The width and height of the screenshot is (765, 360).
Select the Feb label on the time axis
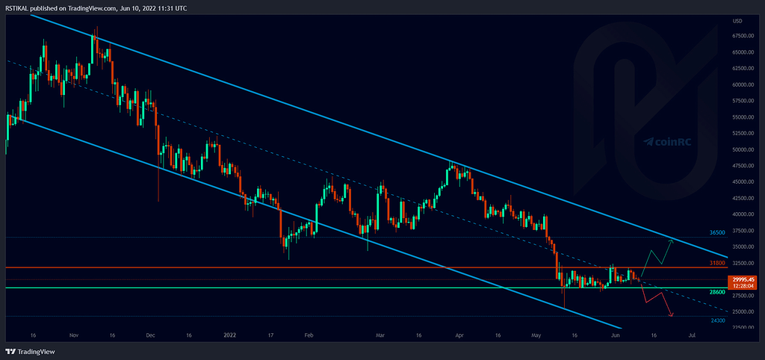308,336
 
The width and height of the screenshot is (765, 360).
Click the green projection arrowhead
670,242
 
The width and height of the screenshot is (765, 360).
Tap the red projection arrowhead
671,315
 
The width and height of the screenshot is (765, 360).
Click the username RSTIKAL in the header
17,7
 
